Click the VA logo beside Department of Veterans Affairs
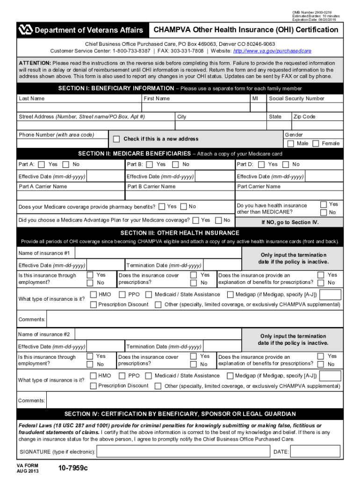click(x=25, y=30)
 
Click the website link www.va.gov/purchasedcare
click(x=272, y=51)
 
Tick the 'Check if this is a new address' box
click(x=116, y=139)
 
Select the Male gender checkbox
click(x=291, y=144)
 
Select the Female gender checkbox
click(x=316, y=144)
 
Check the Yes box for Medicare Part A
click(x=42, y=164)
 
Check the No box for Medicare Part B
click(x=175, y=164)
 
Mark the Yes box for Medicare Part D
click(x=261, y=164)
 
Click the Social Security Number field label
click(x=296, y=99)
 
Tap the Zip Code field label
click(x=304, y=116)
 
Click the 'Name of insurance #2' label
click(x=44, y=334)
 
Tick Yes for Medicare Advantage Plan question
click(x=196, y=220)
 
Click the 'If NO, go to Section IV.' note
click(x=290, y=222)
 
